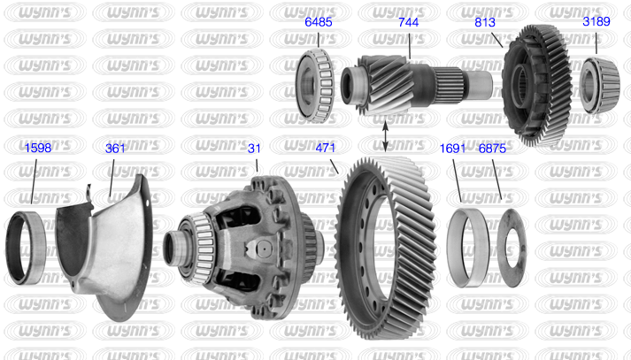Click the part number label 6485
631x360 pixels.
tap(319, 22)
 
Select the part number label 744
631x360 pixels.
tap(409, 22)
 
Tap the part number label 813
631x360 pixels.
tap(484, 22)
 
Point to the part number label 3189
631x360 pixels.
tap(596, 21)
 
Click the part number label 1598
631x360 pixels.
tap(38, 148)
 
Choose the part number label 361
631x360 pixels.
tap(115, 149)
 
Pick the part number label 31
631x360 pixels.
tap(254, 149)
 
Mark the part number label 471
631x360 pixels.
tap(325, 148)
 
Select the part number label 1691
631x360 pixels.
tap(452, 149)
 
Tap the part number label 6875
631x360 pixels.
tap(492, 149)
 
